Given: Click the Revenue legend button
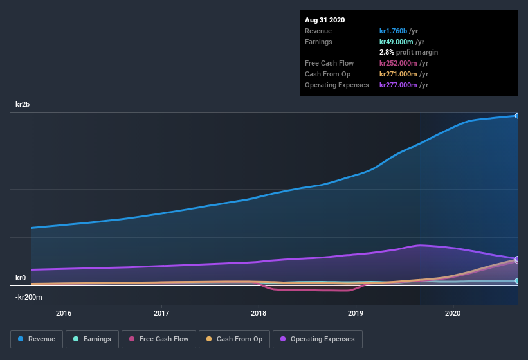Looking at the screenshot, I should click(37, 339).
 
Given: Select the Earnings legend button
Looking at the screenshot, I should click(93, 339).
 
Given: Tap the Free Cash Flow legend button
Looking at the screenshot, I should click(158, 339).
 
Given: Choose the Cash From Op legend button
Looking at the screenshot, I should click(234, 339).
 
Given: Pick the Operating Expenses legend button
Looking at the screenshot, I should click(317, 339).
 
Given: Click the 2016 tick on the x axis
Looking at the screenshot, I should click(64, 313).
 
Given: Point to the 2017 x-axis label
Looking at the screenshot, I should click(161, 313).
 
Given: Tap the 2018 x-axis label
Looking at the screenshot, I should click(259, 313).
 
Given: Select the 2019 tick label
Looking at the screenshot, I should click(356, 313).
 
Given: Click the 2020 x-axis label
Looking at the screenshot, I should click(453, 313).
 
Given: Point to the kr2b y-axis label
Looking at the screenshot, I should click(23, 104).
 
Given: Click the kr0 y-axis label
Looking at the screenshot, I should click(21, 278).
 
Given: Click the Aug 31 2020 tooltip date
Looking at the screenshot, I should click(325, 20).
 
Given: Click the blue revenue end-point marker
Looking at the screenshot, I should click(516, 116).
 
